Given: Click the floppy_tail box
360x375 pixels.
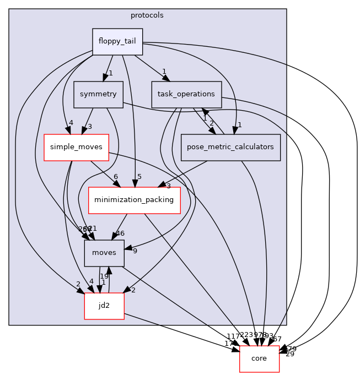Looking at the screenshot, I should point(117,42).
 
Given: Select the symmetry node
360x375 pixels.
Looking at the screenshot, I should point(98,94).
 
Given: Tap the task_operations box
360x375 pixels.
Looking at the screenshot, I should point(186,94).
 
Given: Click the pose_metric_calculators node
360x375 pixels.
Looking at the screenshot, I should point(230,147).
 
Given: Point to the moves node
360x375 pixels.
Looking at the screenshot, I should point(104,253).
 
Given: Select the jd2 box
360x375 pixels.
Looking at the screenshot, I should point(104,306).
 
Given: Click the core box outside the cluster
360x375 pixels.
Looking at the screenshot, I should point(259,358).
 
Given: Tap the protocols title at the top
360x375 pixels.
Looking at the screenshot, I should point(147,15).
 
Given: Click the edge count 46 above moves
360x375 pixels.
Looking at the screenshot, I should point(120,233).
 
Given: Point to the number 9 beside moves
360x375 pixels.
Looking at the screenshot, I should point(135,251).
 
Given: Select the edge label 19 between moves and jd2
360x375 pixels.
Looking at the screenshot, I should point(104,276).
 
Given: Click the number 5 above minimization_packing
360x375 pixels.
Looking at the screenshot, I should point(139,177).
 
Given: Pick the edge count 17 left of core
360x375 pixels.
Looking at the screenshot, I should point(228,344).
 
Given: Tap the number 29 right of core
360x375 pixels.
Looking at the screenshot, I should point(289,354).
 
